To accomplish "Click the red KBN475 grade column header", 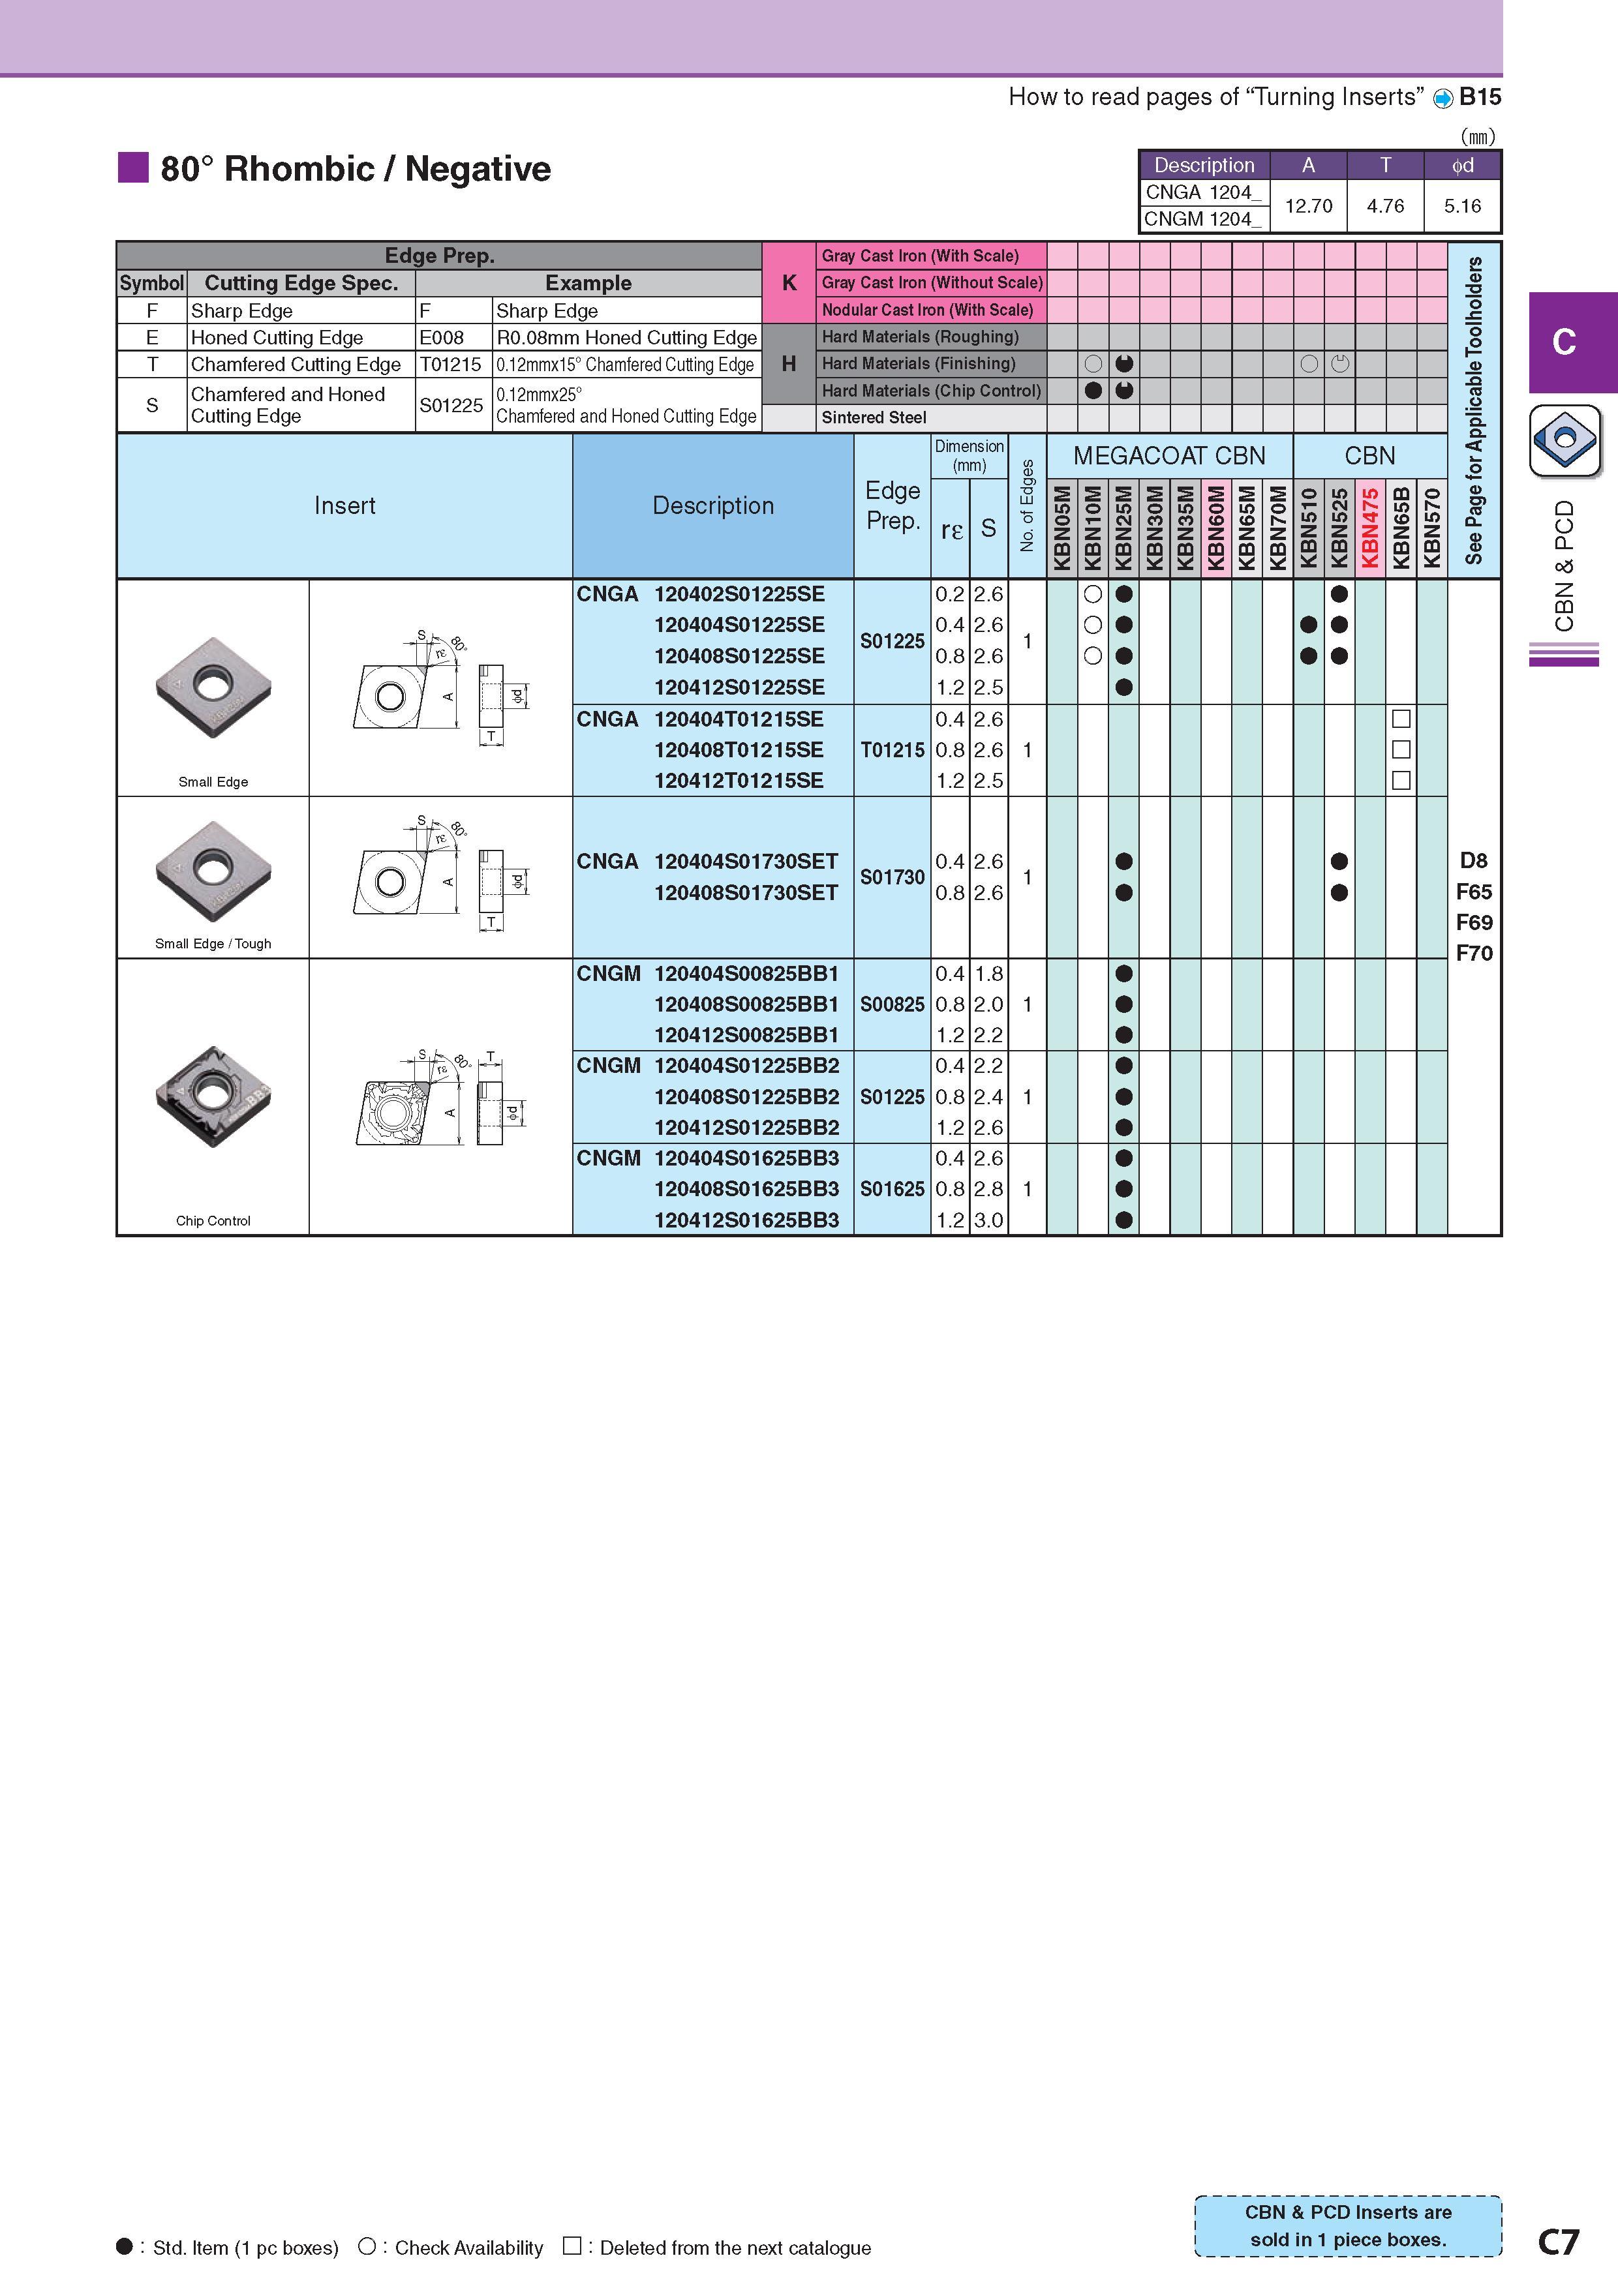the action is (1371, 527).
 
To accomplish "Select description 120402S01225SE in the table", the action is (739, 594).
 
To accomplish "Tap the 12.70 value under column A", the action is (1308, 206).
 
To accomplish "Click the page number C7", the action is (1558, 2241).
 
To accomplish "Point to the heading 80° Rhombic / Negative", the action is (355, 168).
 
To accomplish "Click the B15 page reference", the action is (1480, 97).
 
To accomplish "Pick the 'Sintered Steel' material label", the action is (874, 417).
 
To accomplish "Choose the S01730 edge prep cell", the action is (893, 877).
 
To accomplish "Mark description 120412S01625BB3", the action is (746, 1220).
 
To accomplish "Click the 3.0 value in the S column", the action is (988, 1220).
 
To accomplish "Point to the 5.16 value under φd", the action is (1463, 206).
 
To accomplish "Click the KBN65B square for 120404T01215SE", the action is (1401, 719).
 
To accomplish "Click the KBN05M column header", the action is (1061, 527).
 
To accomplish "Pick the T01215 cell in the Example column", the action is (451, 365).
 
